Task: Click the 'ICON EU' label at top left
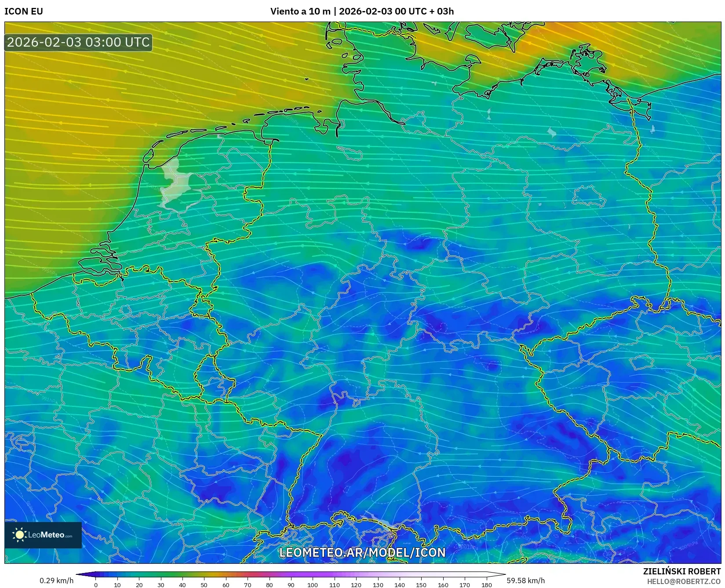coord(24,11)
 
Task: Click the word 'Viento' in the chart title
coord(284,11)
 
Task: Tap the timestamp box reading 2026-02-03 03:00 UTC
coord(79,42)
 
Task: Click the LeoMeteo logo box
coord(43,535)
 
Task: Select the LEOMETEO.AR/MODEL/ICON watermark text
coord(362,552)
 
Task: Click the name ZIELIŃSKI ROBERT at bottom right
coord(682,571)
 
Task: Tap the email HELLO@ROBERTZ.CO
coord(684,581)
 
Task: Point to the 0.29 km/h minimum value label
coord(57,581)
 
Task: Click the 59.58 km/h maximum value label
coord(525,581)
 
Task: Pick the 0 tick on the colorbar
coord(96,585)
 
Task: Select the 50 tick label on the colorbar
coord(204,585)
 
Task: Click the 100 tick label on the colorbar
coord(313,585)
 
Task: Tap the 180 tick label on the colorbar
coord(486,585)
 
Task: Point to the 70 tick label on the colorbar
coord(248,585)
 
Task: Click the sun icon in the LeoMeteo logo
coord(20,535)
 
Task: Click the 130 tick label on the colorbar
coord(378,585)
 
